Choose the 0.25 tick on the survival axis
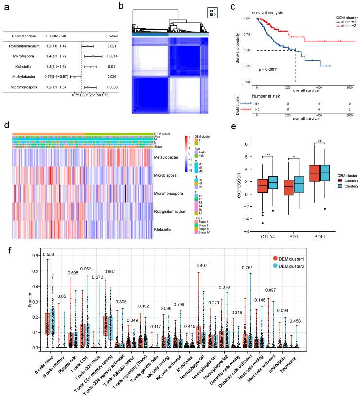247,66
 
